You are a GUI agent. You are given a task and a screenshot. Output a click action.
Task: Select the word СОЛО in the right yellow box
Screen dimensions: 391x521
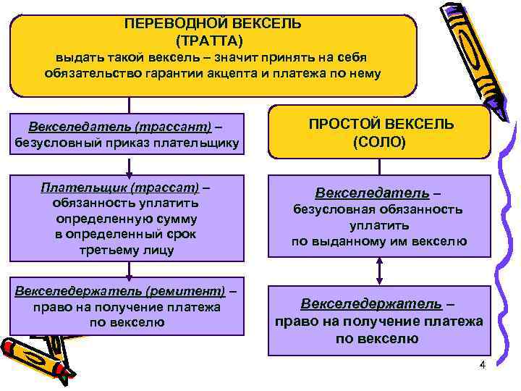pyautogui.click(x=380, y=142)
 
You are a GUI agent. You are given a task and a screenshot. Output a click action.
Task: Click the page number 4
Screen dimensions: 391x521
pyautogui.click(x=482, y=363)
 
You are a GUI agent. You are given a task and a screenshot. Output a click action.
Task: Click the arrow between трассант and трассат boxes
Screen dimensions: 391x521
pyautogui.click(x=128, y=167)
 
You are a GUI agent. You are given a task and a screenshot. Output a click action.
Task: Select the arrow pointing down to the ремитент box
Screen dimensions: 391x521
pyautogui.click(x=128, y=269)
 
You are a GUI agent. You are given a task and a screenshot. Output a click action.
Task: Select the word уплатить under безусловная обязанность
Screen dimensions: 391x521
pyautogui.click(x=380, y=226)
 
